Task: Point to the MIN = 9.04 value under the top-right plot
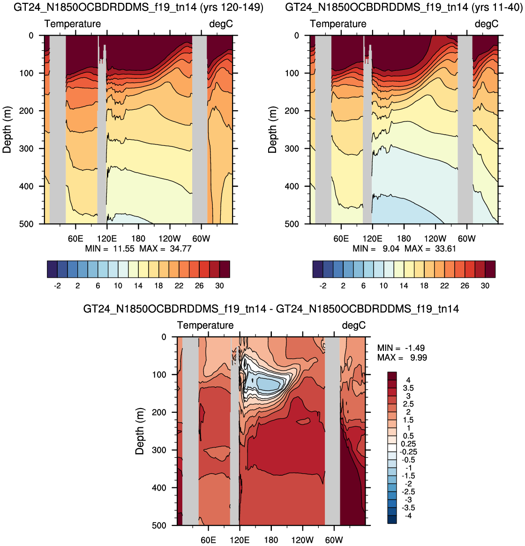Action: [x=376, y=249]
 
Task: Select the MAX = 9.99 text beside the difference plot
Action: [x=402, y=357]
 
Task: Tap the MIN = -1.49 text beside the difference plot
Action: [x=401, y=348]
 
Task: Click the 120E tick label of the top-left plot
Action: [x=107, y=239]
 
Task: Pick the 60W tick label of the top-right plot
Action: [x=466, y=239]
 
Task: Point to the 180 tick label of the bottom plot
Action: [x=271, y=540]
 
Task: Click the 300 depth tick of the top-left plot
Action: [x=26, y=149]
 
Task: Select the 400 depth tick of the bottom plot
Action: [x=159, y=488]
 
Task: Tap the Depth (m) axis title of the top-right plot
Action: [x=272, y=129]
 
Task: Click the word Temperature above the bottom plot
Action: [x=205, y=325]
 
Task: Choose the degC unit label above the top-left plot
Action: [x=221, y=24]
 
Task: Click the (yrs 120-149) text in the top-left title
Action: [x=232, y=7]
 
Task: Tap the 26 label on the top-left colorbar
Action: [x=199, y=286]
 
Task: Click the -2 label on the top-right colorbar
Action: [x=323, y=286]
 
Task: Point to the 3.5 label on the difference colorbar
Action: [x=408, y=388]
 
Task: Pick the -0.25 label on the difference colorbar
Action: [x=408, y=452]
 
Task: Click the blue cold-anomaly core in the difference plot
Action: [x=268, y=384]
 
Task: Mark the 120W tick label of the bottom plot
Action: [x=302, y=540]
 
